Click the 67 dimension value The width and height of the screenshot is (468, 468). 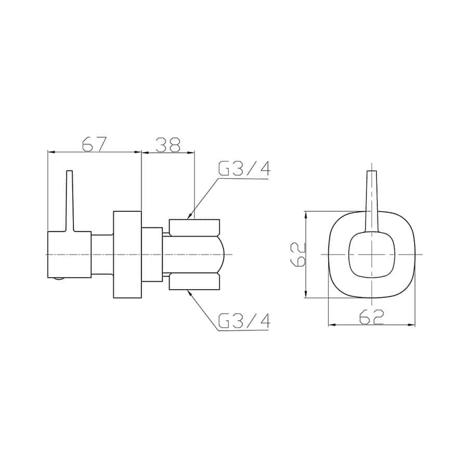pyautogui.click(x=94, y=144)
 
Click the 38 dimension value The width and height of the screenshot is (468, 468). pyautogui.click(x=168, y=145)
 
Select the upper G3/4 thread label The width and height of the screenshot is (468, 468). pyautogui.click(x=244, y=168)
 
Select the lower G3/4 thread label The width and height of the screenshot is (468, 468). pyautogui.click(x=244, y=320)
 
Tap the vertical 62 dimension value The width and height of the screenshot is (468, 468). pyautogui.click(x=298, y=254)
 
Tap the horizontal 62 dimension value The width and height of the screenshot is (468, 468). pyautogui.click(x=371, y=317)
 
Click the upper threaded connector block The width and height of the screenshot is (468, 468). pyautogui.click(x=194, y=228)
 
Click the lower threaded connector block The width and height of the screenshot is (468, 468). pyautogui.click(x=194, y=281)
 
